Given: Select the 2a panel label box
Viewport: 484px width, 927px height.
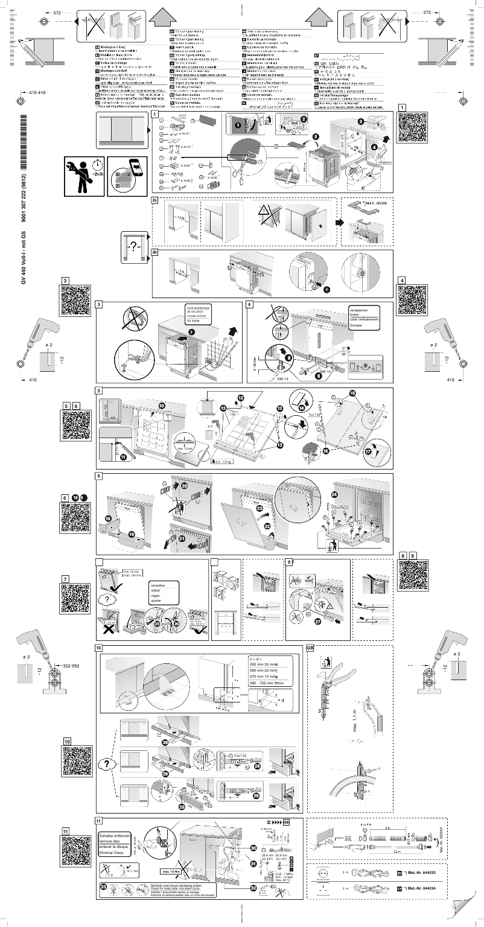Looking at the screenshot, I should coord(155,200).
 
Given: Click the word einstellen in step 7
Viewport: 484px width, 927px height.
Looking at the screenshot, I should coord(157,584).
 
